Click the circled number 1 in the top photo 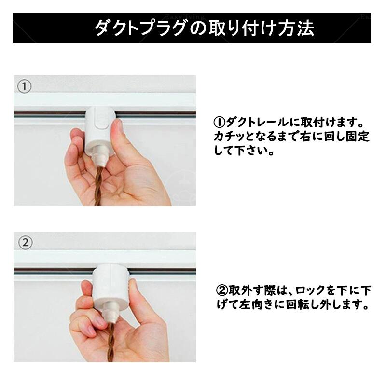point(24,86)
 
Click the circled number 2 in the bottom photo point(26,243)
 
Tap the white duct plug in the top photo point(100,132)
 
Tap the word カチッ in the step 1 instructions point(230,137)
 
